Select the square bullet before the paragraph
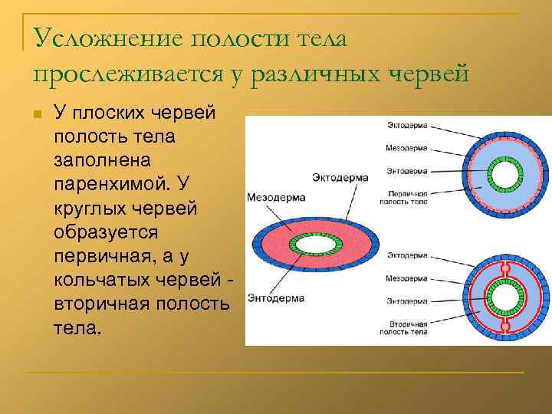[x=35, y=114]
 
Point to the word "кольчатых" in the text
[x=102, y=280]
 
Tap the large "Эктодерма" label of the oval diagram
[x=340, y=178]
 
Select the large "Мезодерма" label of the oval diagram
[x=276, y=197]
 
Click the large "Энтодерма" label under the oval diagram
[x=276, y=297]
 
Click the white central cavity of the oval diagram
[x=315, y=245]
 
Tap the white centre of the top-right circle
[x=504, y=176]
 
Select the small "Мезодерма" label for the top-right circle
[x=406, y=147]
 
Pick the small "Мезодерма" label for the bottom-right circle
[x=406, y=277]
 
